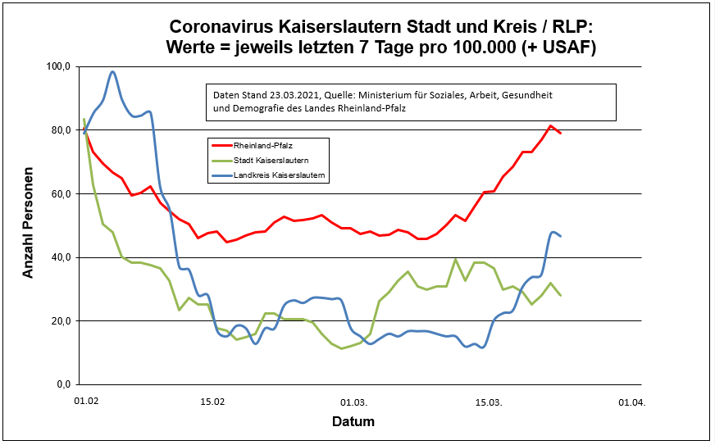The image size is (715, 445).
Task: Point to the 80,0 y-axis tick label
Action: pyautogui.click(x=62, y=130)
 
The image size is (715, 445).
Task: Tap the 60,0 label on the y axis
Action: pyautogui.click(x=62, y=194)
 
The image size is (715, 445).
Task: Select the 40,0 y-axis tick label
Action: pyautogui.click(x=62, y=257)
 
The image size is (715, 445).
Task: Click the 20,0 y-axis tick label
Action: pyautogui.click(x=62, y=321)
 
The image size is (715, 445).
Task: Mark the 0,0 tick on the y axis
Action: pyautogui.click(x=65, y=384)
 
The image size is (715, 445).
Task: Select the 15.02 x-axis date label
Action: pyautogui.click(x=212, y=402)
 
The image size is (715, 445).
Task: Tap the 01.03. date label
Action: pyautogui.click(x=354, y=402)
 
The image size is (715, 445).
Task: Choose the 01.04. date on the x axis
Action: pyautogui.click(x=631, y=402)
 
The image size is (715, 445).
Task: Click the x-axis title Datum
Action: pyautogui.click(x=353, y=423)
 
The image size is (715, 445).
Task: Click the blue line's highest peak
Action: pyautogui.click(x=113, y=72)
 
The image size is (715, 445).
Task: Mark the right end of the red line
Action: pyautogui.click(x=561, y=133)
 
